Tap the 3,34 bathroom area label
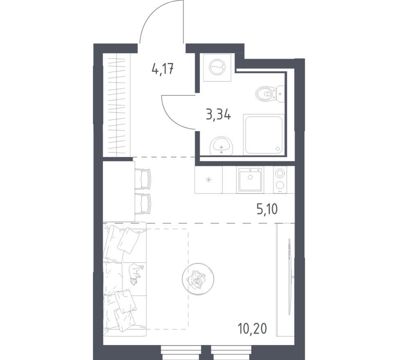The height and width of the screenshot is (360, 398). (218, 115)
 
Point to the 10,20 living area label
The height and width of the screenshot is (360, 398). (252, 329)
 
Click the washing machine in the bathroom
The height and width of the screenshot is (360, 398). (217, 68)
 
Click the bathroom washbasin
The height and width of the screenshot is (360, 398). (221, 146)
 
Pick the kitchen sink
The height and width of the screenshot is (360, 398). (250, 180)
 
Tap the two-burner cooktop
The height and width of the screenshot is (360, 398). (280, 180)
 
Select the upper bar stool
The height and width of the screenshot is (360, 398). (143, 179)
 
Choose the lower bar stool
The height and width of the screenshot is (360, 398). (143, 204)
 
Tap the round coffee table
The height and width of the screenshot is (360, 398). (198, 279)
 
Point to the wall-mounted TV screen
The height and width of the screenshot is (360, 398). (289, 277)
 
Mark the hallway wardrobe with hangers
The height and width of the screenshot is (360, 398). (117, 105)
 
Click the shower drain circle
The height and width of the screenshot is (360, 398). (277, 149)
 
